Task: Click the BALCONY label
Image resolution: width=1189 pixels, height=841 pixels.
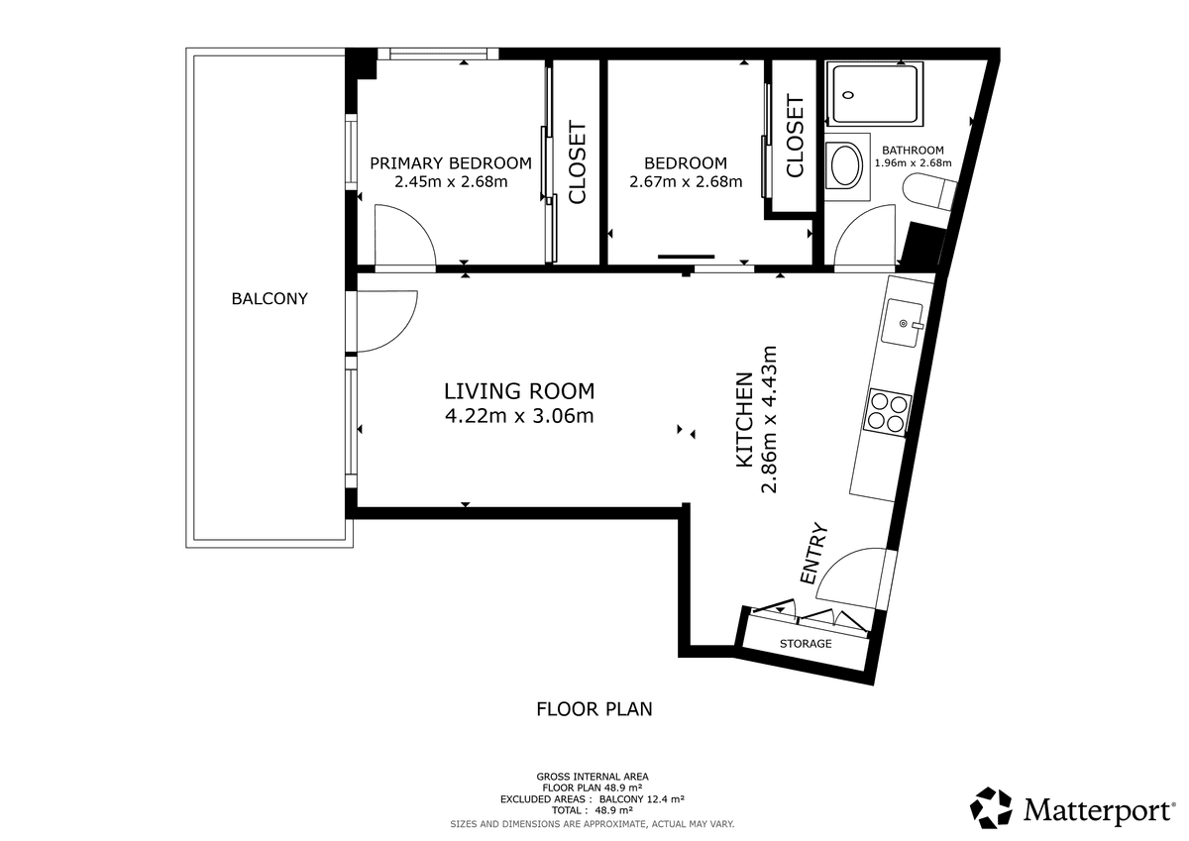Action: tap(270, 299)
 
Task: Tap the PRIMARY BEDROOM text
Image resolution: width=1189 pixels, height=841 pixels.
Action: tap(451, 163)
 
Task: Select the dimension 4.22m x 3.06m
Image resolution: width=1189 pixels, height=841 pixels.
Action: tap(519, 416)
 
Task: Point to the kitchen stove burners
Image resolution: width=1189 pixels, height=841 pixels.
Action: tap(888, 413)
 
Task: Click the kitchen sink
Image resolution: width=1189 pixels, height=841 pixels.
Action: tap(902, 323)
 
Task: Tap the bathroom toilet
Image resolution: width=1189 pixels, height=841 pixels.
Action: tap(929, 192)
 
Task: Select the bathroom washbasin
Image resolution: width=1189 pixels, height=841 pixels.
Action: tap(846, 165)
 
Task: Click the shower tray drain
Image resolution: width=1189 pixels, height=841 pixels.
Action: tap(848, 95)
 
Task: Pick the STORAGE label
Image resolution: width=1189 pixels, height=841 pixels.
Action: tap(806, 644)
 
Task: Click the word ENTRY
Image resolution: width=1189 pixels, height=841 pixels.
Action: tap(813, 554)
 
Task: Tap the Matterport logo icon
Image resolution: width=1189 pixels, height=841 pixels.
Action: tap(991, 807)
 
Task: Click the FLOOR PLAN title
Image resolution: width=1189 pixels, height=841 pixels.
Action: tap(594, 709)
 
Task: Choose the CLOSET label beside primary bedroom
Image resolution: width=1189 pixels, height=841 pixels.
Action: tap(577, 162)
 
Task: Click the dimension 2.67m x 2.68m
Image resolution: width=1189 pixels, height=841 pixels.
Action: tap(686, 182)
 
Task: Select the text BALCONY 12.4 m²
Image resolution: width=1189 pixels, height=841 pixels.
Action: tap(642, 799)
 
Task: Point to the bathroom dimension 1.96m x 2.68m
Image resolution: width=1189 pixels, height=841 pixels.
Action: tap(913, 162)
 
